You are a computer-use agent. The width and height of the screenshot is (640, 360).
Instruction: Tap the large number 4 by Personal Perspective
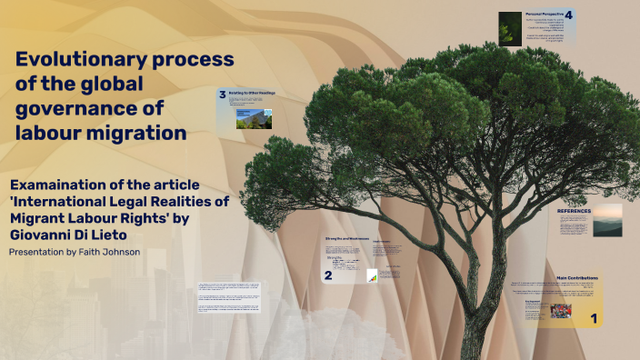(568, 15)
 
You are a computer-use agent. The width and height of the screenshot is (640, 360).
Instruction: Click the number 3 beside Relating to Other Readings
(222, 94)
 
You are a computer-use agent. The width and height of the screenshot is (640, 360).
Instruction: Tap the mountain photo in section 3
(248, 119)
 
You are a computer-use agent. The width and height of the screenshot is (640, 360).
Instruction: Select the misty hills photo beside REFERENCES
(607, 220)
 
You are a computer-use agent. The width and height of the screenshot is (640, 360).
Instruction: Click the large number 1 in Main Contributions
(594, 317)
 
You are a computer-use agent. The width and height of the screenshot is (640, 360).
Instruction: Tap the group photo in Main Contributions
(561, 311)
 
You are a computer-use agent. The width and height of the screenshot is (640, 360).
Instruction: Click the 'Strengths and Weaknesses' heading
(346, 238)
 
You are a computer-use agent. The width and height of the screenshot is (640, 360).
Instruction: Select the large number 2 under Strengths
(328, 275)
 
